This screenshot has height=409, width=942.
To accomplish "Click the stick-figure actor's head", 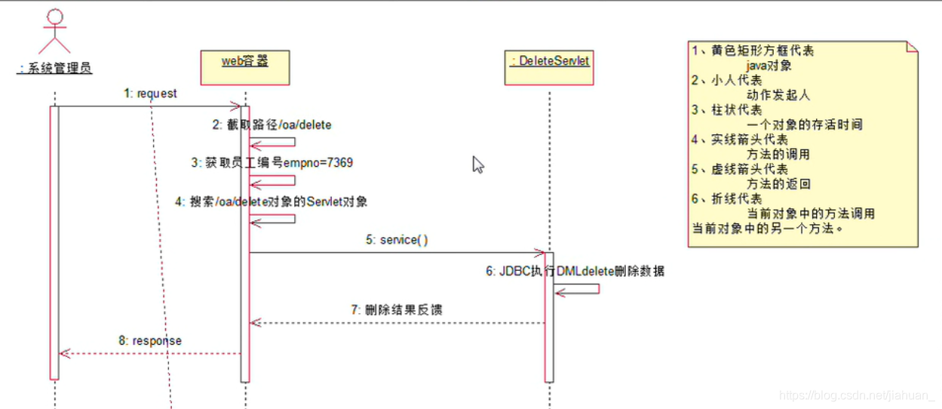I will click(x=55, y=17).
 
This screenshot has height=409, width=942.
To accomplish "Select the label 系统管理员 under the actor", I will click(x=54, y=69).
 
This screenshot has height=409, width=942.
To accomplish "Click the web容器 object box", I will click(x=245, y=67).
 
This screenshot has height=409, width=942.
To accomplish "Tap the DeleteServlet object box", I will click(x=549, y=67).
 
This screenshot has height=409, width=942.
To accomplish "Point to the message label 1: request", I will click(x=151, y=94).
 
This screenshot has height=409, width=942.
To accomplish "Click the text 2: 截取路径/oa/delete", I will click(x=272, y=125).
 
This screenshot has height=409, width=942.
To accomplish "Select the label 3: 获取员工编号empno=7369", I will click(x=272, y=162).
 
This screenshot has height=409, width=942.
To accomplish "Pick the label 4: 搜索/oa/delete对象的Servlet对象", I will click(x=271, y=202).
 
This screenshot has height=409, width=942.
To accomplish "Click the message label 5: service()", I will click(x=397, y=240).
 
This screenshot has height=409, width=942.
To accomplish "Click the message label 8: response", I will click(x=149, y=340).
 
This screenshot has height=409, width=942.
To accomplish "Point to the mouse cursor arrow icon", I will click(x=478, y=165).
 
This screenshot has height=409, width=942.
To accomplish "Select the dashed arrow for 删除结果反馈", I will click(x=397, y=323).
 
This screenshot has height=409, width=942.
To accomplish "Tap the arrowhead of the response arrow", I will click(x=63, y=353).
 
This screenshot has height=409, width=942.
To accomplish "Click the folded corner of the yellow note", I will click(x=912, y=47).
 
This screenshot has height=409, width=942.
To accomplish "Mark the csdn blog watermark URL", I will click(x=857, y=395).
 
